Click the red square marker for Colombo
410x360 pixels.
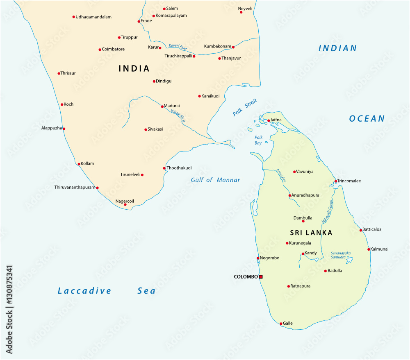[261, 277]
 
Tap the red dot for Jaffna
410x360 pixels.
[269, 120]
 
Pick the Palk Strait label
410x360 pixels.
[244, 109]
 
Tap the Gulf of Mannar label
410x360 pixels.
[215, 180]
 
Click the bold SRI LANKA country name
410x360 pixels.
[311, 233]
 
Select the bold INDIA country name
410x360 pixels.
[134, 68]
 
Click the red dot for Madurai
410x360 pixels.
[162, 106]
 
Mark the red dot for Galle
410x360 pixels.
[281, 324]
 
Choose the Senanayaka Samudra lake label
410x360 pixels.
[341, 256]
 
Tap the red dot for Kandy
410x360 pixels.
[303, 254]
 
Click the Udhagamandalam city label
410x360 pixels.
[93, 17]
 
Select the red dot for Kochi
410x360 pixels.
[62, 104]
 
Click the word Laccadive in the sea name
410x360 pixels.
[84, 291]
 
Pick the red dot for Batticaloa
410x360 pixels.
[361, 230]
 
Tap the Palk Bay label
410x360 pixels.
[258, 140]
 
